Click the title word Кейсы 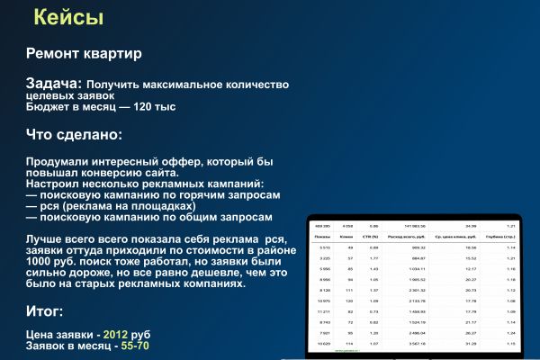click(67, 17)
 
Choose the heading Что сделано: click(73, 135)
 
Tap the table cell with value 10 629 click(324, 343)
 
